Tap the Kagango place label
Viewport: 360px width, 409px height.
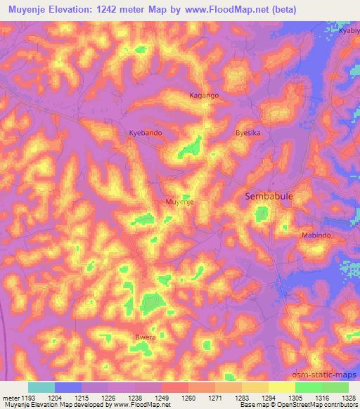[x=204, y=94]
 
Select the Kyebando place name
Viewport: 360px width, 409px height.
[x=146, y=133]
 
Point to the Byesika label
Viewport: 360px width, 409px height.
[x=248, y=132]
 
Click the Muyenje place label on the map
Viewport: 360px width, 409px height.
[x=179, y=202]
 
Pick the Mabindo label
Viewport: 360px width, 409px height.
[x=316, y=235]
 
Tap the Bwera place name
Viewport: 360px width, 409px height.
[x=146, y=337]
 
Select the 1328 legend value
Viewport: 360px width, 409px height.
[x=348, y=398]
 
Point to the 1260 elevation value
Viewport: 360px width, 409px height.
[x=188, y=398]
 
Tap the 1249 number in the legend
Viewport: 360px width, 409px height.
[x=162, y=398]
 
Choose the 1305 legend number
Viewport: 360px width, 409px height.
[x=295, y=398]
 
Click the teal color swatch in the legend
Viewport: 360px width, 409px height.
[x=41, y=387]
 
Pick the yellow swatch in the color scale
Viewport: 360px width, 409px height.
[x=281, y=387]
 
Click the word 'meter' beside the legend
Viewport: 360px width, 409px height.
[x=9, y=398]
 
